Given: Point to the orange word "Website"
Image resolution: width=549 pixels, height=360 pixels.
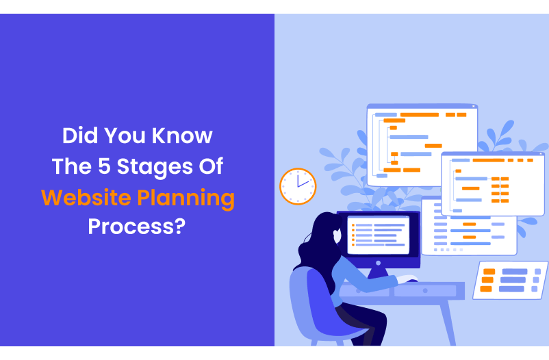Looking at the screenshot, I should click(86, 198).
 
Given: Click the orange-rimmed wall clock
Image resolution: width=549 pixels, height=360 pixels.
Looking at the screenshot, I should click(298, 186).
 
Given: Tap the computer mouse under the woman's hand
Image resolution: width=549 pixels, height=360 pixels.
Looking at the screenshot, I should click(409, 279).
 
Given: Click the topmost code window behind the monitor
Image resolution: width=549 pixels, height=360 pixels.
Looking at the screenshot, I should click(421, 144).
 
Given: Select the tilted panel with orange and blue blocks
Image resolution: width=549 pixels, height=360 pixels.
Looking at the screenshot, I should click(510, 280).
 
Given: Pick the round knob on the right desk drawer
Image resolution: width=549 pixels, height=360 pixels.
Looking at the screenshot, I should click(424, 291).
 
